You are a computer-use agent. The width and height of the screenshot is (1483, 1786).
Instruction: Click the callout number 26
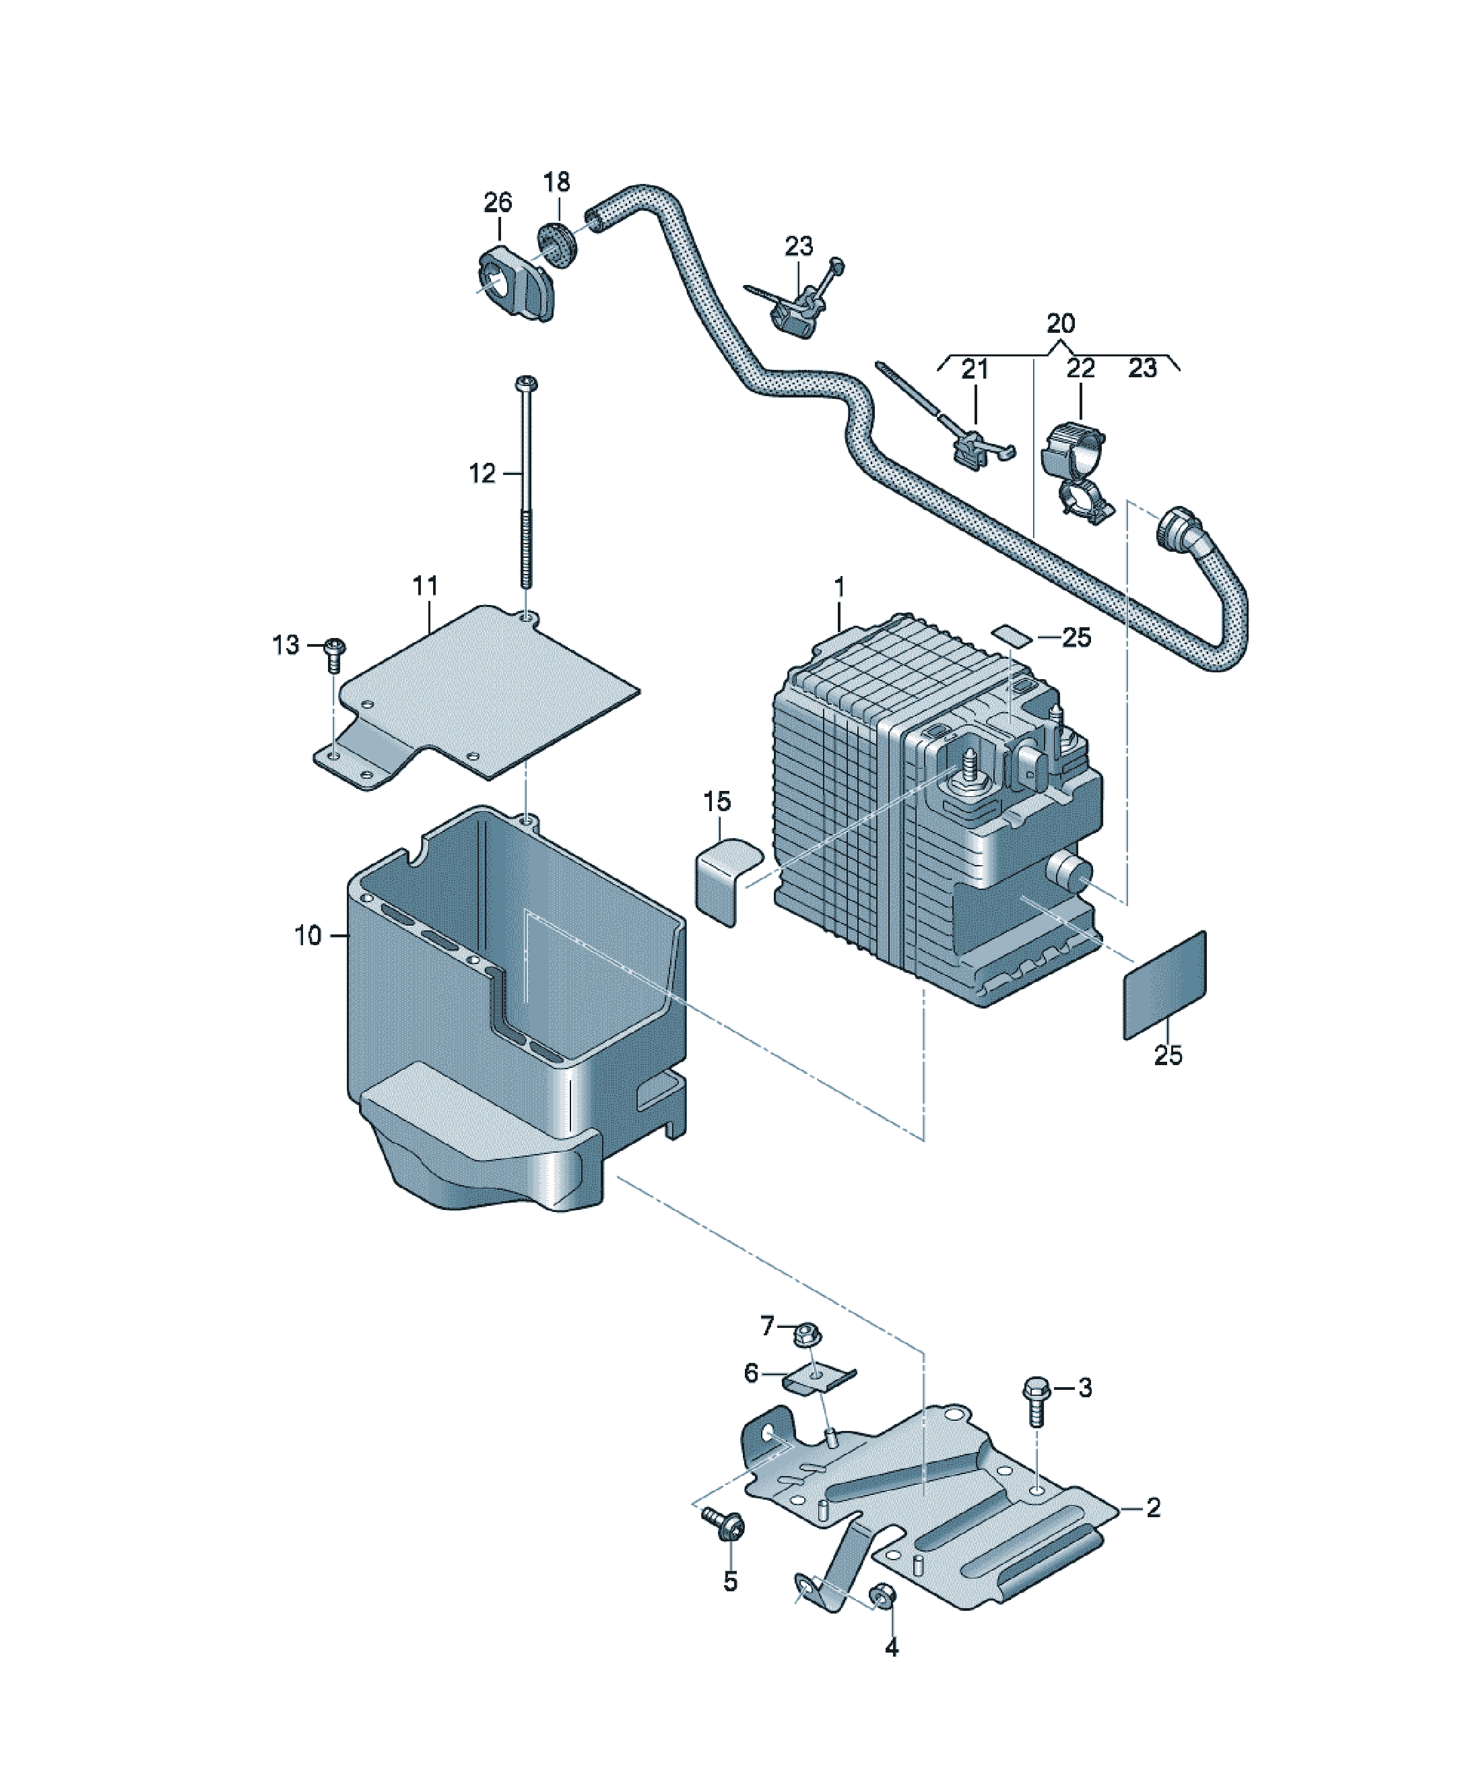coord(498,202)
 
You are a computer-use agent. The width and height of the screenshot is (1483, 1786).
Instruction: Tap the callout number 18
coord(556,181)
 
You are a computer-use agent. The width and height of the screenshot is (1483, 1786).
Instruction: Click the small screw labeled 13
coord(335,654)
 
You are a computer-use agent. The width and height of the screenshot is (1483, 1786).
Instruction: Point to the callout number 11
coord(425,585)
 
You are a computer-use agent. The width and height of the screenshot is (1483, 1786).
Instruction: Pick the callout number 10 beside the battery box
coord(308,936)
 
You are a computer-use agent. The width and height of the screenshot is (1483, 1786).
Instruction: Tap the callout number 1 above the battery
coord(839,587)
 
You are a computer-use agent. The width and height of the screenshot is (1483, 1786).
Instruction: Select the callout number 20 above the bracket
coord(1060,323)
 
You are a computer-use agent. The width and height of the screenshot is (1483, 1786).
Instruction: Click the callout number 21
coord(975,369)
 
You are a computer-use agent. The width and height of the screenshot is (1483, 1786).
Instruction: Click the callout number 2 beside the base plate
coord(1153,1508)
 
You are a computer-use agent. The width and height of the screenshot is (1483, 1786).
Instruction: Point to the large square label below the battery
coord(1165,984)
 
